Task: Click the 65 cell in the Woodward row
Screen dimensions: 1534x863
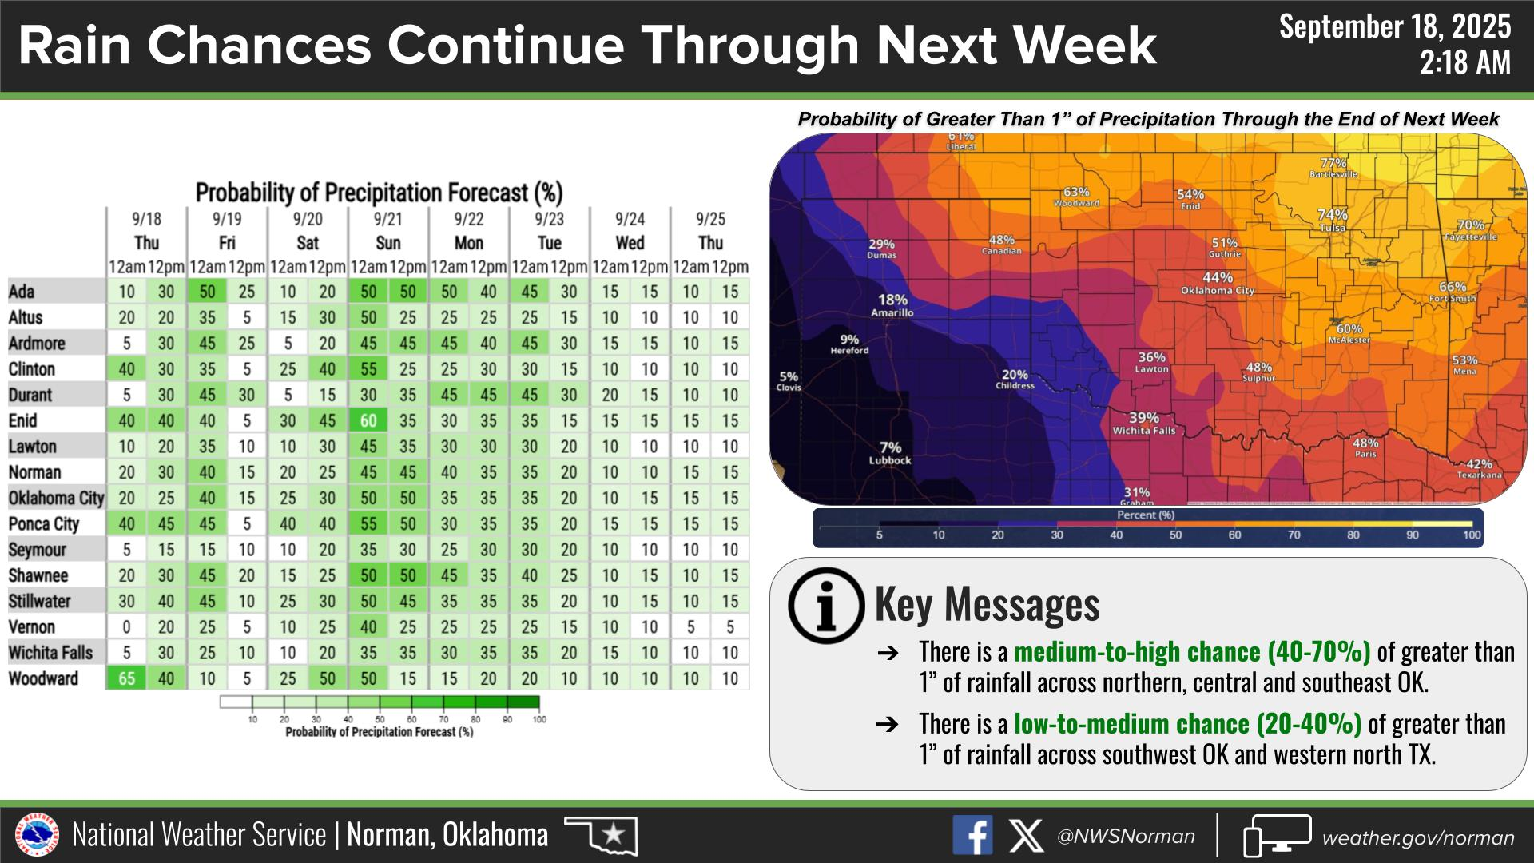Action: point(126,678)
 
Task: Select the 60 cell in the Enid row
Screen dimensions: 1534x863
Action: point(368,420)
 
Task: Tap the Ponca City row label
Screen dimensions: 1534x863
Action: point(44,524)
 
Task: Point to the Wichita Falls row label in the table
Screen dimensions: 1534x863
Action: point(50,653)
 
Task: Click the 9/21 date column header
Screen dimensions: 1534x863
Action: point(387,219)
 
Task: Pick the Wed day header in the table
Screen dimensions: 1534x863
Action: point(630,243)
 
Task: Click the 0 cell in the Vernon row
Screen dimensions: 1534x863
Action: point(126,627)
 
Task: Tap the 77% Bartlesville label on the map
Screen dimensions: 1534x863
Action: point(1333,168)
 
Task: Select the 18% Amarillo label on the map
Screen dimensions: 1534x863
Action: point(892,306)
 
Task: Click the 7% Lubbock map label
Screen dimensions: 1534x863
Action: point(890,454)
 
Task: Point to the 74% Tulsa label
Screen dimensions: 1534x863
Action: point(1333,220)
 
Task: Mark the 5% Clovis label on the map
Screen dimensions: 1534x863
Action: point(789,381)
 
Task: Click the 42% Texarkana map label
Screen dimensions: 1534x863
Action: point(1480,469)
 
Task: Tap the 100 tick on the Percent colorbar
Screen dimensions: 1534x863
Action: point(1472,535)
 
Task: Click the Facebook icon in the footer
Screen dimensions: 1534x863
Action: point(972,836)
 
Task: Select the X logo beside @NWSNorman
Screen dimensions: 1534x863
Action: point(1025,836)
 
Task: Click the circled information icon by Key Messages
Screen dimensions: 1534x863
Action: point(826,606)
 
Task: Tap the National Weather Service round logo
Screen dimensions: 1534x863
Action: point(38,836)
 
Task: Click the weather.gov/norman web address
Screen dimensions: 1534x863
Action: point(1418,837)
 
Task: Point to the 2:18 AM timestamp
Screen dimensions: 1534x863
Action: point(1465,62)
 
